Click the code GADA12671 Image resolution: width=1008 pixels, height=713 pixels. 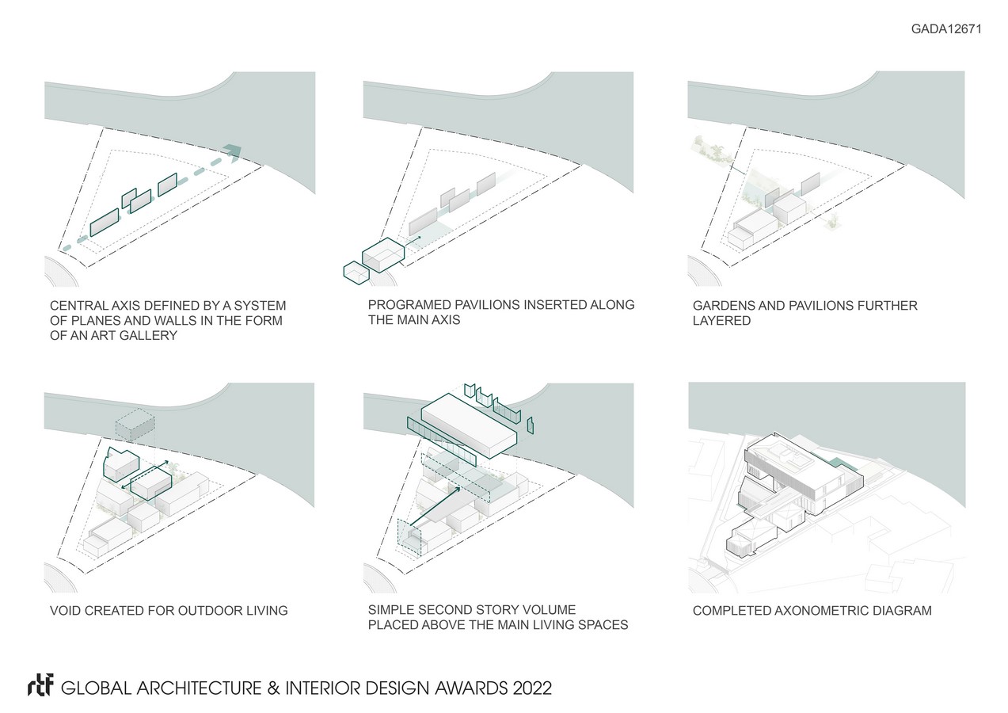click(946, 29)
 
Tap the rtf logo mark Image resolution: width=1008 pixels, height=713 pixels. click(40, 684)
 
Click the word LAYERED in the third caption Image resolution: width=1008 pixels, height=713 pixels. click(722, 321)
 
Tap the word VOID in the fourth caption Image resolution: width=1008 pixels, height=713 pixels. click(65, 610)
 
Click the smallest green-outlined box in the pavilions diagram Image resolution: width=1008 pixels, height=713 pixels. click(356, 273)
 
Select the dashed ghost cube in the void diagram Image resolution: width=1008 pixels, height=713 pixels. click(135, 425)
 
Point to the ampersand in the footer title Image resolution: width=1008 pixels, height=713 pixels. click(273, 688)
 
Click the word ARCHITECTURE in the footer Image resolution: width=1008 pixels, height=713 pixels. click(199, 688)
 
